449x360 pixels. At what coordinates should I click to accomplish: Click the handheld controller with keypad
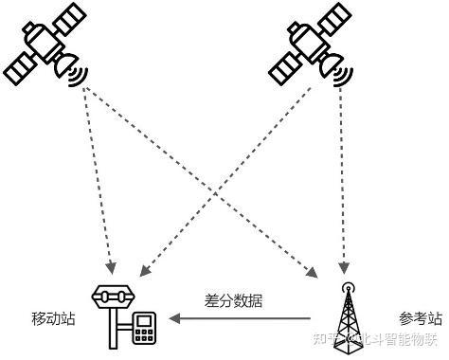click(x=144, y=329)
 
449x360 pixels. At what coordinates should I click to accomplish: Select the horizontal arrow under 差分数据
click(x=242, y=316)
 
